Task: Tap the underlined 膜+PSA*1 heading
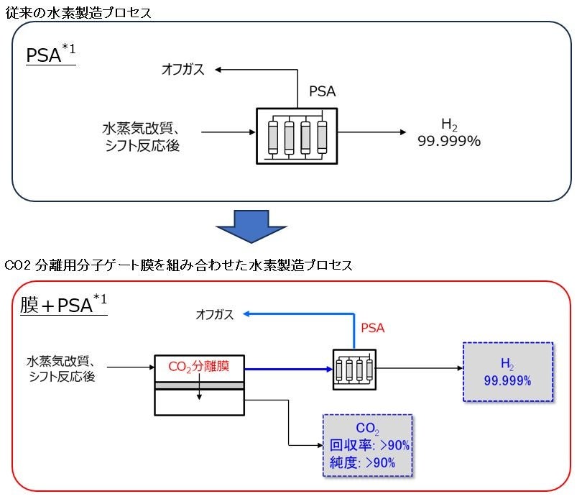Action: pyautogui.click(x=63, y=304)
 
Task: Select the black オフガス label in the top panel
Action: pyautogui.click(x=183, y=69)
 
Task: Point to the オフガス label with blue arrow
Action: pyautogui.click(x=215, y=314)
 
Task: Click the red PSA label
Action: pyautogui.click(x=372, y=328)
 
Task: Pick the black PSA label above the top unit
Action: pyautogui.click(x=322, y=91)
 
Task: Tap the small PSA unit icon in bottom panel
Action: pyautogui.click(x=354, y=368)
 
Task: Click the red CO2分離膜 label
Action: pyautogui.click(x=199, y=367)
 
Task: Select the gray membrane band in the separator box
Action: pyautogui.click(x=200, y=385)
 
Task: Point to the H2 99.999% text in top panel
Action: pyautogui.click(x=448, y=134)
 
